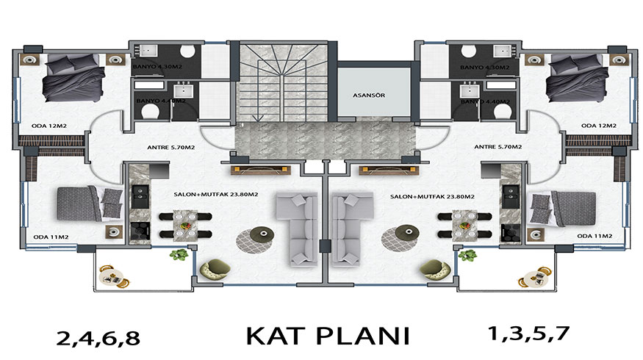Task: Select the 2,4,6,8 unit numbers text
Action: coord(97,338)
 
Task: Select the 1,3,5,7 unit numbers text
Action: coord(528,333)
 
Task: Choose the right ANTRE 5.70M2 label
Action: coord(498,147)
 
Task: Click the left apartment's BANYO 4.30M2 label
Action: coord(159,67)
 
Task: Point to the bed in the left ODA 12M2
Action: coord(67,79)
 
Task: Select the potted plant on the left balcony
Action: coord(177,255)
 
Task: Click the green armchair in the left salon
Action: coord(213,268)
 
